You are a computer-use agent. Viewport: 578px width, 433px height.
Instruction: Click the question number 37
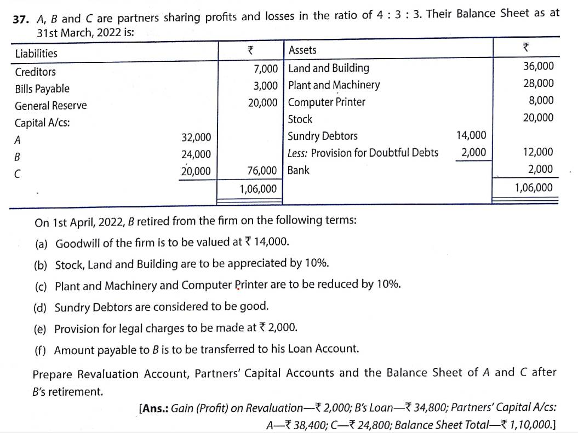[x=21, y=18]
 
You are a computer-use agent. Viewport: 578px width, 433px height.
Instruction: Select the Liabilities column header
[x=36, y=53]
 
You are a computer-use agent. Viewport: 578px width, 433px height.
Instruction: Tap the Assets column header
[x=302, y=50]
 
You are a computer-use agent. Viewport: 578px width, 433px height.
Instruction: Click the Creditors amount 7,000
[x=266, y=68]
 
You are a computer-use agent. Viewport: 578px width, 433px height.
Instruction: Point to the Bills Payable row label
[x=42, y=89]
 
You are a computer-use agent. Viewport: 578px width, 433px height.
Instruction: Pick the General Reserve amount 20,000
[x=262, y=102]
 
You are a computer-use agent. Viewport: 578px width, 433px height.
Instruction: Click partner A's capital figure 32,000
[x=196, y=137]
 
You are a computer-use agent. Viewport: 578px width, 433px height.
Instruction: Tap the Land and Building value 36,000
[x=539, y=66]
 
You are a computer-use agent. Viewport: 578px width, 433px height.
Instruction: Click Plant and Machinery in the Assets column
[x=334, y=85]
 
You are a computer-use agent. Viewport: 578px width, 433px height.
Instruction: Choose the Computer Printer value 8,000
[x=541, y=100]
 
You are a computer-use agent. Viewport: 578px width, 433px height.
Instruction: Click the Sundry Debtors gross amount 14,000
[x=471, y=135]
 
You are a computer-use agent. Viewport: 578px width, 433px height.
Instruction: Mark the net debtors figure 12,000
[x=539, y=152]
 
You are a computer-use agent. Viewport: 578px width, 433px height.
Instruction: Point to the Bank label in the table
[x=299, y=170]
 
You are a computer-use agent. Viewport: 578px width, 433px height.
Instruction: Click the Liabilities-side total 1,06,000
[x=258, y=189]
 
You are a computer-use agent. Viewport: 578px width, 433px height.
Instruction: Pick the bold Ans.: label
[x=155, y=408]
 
